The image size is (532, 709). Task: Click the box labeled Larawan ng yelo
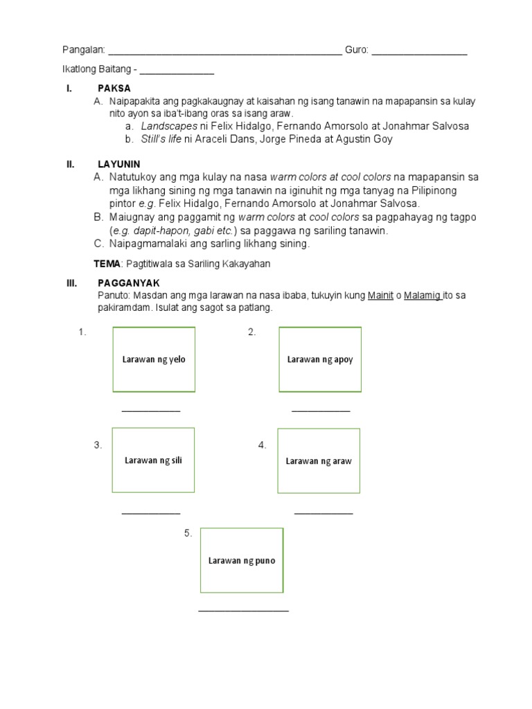coord(154,359)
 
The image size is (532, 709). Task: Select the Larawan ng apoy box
coord(319,359)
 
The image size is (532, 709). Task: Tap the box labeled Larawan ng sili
coord(153,460)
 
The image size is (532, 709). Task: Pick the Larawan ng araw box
coord(319,461)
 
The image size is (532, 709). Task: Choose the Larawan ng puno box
coord(242,560)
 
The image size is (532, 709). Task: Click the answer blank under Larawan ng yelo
coord(151,411)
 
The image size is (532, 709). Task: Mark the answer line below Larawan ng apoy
coord(321,411)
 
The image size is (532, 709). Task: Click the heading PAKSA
coord(114,89)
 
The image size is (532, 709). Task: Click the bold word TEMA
coord(107,264)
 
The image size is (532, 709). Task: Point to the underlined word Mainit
coord(380,296)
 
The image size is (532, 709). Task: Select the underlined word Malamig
coord(422,296)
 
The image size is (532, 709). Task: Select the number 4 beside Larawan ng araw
coord(263,445)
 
